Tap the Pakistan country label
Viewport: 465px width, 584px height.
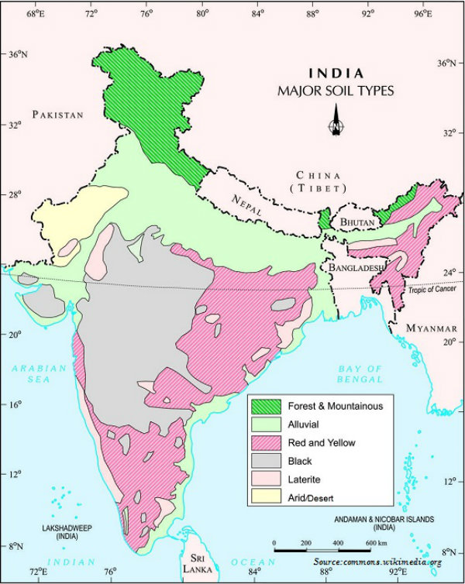point(57,115)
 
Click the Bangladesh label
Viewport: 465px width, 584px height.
point(356,268)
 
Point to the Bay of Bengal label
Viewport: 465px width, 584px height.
point(360,374)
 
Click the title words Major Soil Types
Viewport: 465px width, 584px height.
point(336,91)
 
